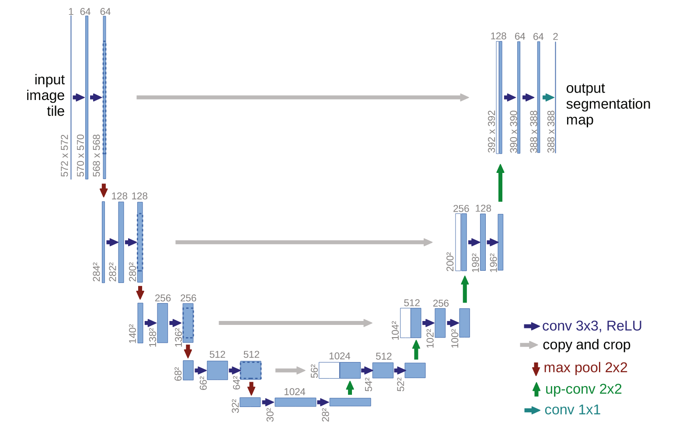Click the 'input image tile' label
pyautogui.click(x=45, y=95)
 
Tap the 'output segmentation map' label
pyautogui.click(x=608, y=104)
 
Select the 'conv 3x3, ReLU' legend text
pyautogui.click(x=592, y=326)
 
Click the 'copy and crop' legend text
pyautogui.click(x=586, y=345)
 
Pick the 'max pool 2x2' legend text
pyautogui.click(x=585, y=367)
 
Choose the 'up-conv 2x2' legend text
pyautogui.click(x=583, y=389)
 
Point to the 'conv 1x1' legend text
pyautogui.click(x=572, y=410)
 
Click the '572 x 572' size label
pyautogui.click(x=65, y=156)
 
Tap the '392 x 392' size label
pyautogui.click(x=492, y=131)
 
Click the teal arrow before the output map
pyautogui.click(x=548, y=97)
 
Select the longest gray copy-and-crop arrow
pyautogui.click(x=303, y=97)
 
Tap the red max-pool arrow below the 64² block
pyautogui.click(x=251, y=388)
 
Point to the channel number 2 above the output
pyautogui.click(x=555, y=37)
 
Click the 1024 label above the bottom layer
pyautogui.click(x=294, y=392)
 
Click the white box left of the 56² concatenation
pyautogui.click(x=329, y=370)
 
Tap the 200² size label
pyautogui.click(x=450, y=261)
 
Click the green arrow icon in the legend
pyautogui.click(x=536, y=389)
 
